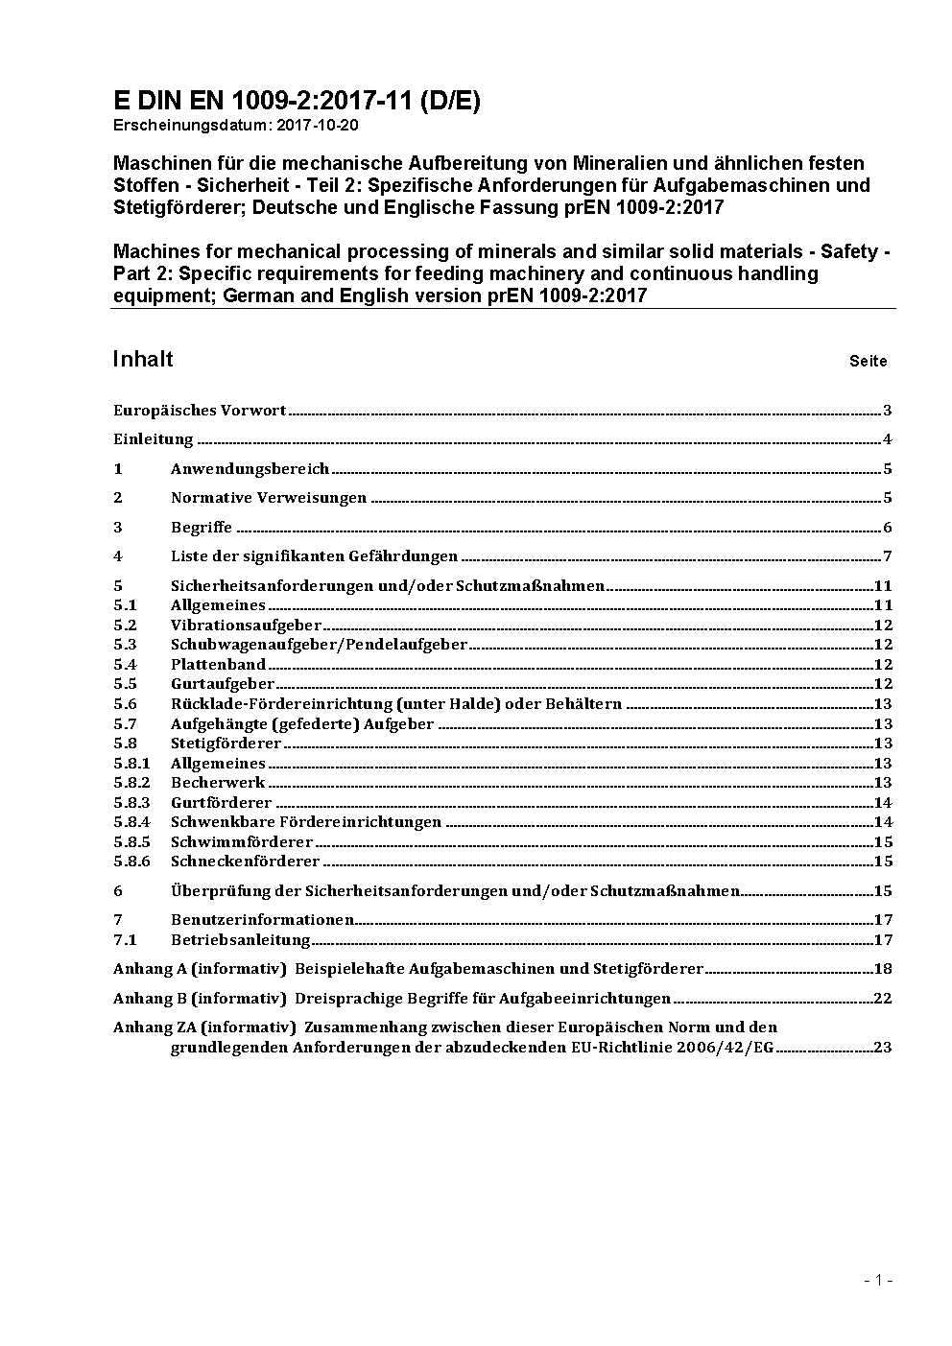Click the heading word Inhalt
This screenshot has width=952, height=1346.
(x=143, y=359)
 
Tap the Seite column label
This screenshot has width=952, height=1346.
(x=868, y=362)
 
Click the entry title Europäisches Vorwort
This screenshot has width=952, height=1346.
(x=200, y=411)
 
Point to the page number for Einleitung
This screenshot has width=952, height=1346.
(x=888, y=440)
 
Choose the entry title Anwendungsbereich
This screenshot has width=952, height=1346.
(x=250, y=469)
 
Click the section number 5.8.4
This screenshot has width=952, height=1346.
(x=131, y=822)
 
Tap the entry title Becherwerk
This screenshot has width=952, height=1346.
(x=218, y=783)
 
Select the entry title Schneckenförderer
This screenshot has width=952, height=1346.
(x=245, y=862)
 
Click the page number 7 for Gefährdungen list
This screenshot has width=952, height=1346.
(x=888, y=556)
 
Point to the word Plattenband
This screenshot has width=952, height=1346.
(x=218, y=665)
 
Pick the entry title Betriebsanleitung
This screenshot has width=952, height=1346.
(x=240, y=940)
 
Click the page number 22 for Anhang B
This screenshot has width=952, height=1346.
(x=883, y=999)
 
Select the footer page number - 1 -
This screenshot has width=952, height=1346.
(x=878, y=1280)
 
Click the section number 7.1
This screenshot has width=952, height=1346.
(x=125, y=940)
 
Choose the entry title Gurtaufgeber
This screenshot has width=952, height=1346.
(x=223, y=684)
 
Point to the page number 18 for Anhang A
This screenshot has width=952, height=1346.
(x=883, y=969)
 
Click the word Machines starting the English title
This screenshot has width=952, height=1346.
(x=154, y=252)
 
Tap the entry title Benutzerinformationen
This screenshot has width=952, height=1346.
(x=262, y=920)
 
